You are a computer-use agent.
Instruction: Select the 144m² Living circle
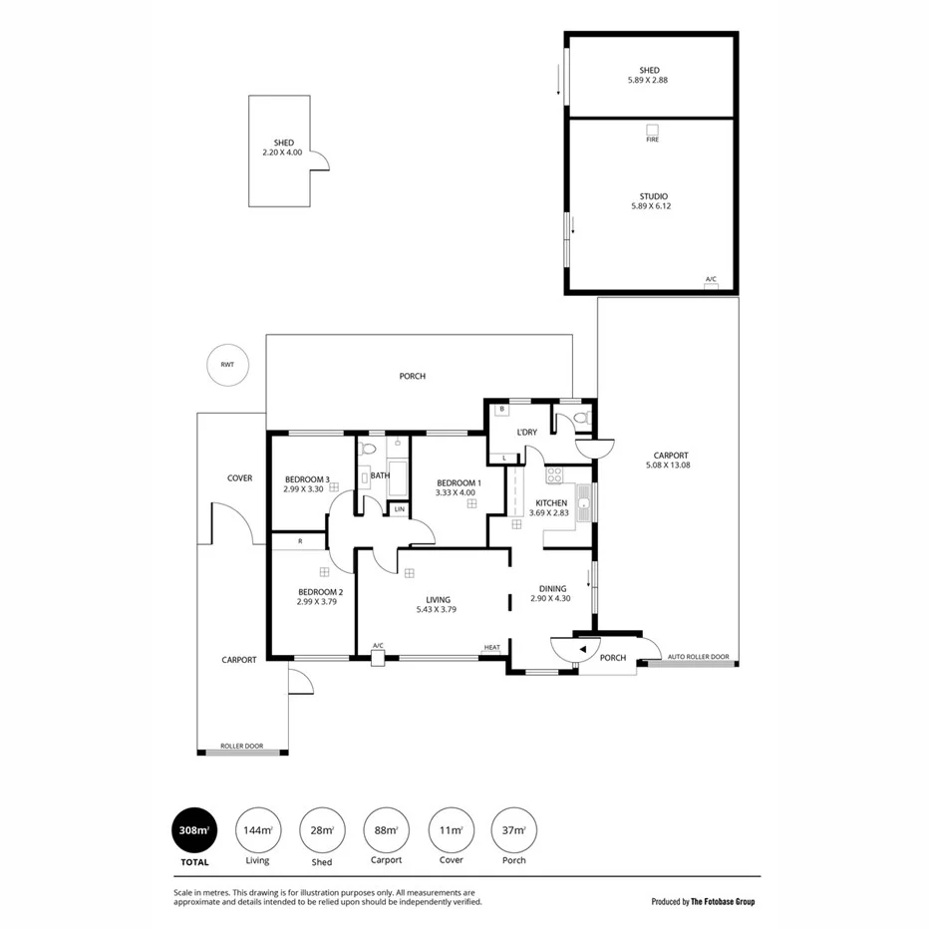[x=257, y=830]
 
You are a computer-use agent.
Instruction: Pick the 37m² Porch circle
[x=513, y=830]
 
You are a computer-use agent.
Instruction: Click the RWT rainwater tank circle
[x=227, y=365]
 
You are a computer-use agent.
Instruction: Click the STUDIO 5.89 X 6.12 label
[x=652, y=201]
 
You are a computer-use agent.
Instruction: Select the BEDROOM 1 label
[x=459, y=487]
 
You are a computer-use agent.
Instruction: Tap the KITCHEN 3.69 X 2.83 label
[x=550, y=507]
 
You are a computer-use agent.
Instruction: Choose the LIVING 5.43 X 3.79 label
[x=432, y=604]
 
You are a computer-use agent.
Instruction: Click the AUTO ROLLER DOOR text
[x=698, y=657]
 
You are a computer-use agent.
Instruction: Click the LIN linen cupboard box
[x=399, y=509]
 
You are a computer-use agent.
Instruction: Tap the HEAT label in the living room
[x=491, y=648]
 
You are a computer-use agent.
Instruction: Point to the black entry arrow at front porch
[x=582, y=649]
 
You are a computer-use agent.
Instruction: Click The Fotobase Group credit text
[x=703, y=901]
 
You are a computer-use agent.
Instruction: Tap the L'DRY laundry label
[x=527, y=432]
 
